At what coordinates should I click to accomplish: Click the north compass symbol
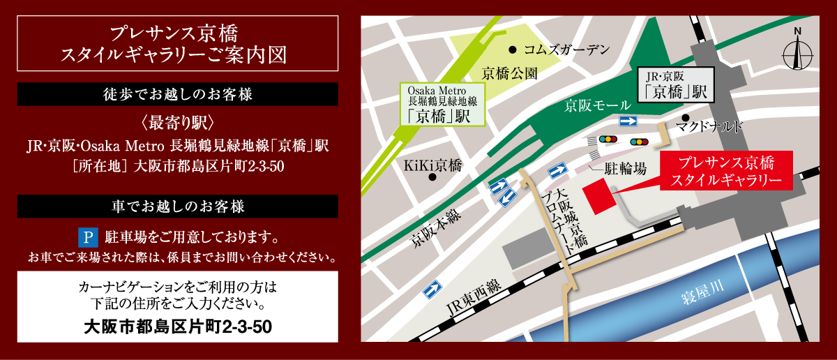798,52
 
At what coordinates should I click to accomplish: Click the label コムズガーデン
566,50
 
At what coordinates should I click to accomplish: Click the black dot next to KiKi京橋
432,177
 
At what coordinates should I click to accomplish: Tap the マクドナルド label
709,126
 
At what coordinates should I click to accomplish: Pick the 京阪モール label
598,106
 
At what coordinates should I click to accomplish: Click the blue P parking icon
88,237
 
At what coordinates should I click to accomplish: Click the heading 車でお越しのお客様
177,207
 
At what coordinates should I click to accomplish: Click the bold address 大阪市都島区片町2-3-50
177,326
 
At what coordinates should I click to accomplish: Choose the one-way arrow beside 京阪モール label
628,121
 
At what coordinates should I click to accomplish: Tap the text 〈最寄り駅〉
177,121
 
